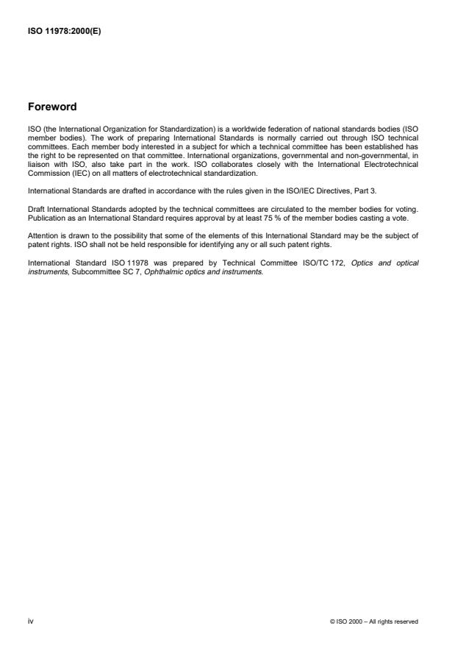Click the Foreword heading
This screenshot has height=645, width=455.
pyautogui.click(x=52, y=107)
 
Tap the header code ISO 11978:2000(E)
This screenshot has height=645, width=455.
pyautogui.click(x=64, y=31)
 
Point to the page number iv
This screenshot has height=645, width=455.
pyautogui.click(x=30, y=621)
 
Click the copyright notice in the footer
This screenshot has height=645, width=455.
pyautogui.click(x=375, y=621)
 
